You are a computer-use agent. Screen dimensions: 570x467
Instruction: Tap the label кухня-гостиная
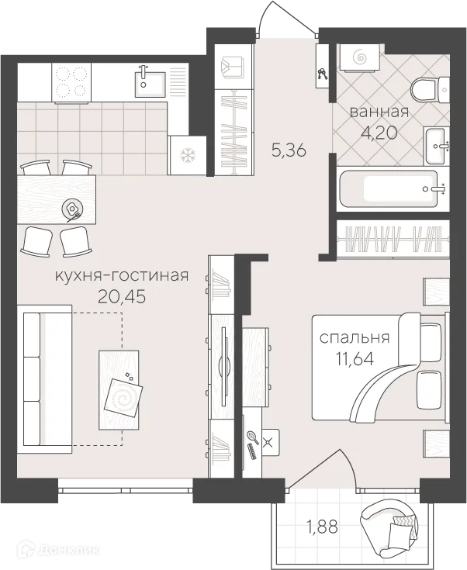pyautogui.click(x=122, y=275)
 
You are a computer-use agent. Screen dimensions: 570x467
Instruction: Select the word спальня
pyautogui.click(x=355, y=338)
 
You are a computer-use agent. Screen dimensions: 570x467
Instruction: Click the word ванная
pyautogui.click(x=379, y=112)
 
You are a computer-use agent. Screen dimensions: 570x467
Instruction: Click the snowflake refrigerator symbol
pyautogui.click(x=187, y=154)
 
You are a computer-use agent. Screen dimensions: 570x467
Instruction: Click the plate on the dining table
pyautogui.click(x=74, y=207)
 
